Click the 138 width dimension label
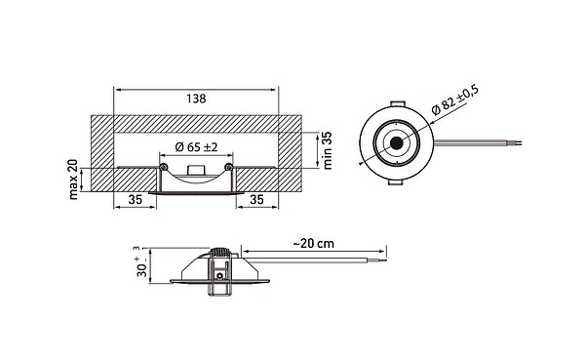pyautogui.click(x=196, y=99)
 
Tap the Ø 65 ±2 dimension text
pyautogui.click(x=196, y=147)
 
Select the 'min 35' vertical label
pyautogui.click(x=327, y=151)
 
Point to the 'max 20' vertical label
pyautogui.click(x=73, y=180)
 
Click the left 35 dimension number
pyautogui.click(x=136, y=200)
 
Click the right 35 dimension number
pyautogui.click(x=256, y=200)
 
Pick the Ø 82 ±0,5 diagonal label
pyautogui.click(x=454, y=100)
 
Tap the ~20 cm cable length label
pyautogui.click(x=313, y=244)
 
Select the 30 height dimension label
pyautogui.click(x=142, y=266)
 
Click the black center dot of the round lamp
pyautogui.click(x=396, y=143)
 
